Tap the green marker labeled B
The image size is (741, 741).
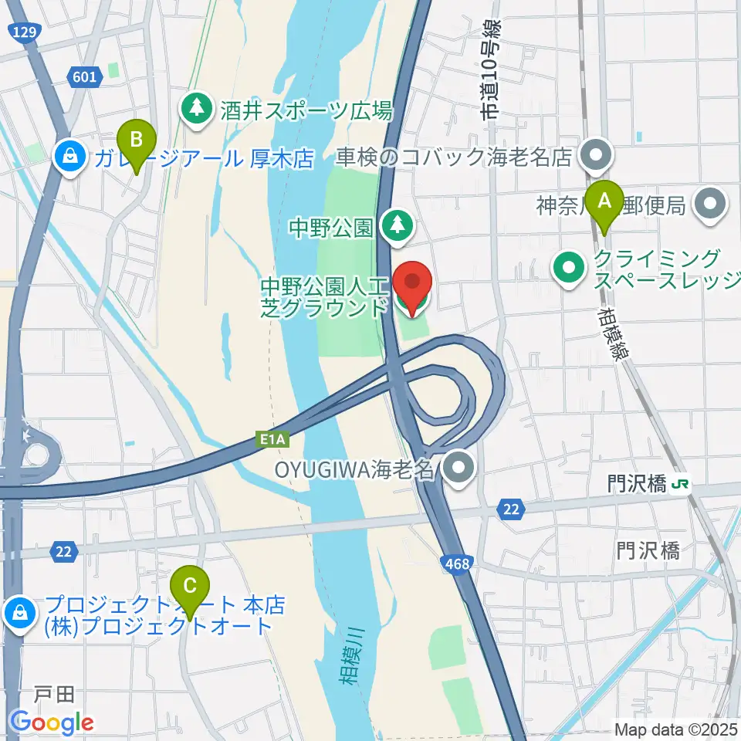pyautogui.click(x=137, y=141)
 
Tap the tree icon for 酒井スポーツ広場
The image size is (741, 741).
pyautogui.click(x=198, y=109)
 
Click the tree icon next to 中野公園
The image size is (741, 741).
pyautogui.click(x=398, y=225)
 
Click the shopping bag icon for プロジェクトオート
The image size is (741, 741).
pyautogui.click(x=17, y=614)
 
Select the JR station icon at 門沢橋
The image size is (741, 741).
pyautogui.click(x=681, y=485)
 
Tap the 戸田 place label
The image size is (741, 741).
pyautogui.click(x=53, y=695)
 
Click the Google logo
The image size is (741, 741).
pyautogui.click(x=52, y=722)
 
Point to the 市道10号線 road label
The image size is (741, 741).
pyautogui.click(x=492, y=70)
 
